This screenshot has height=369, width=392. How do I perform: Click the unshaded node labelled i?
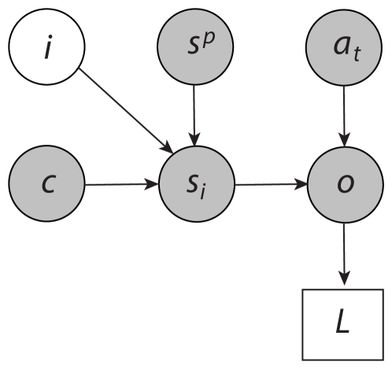(x=46, y=49)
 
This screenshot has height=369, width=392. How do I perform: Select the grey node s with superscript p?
(x=194, y=48)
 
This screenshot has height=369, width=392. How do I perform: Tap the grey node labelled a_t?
(x=344, y=48)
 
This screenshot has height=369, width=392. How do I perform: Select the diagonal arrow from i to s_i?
(x=126, y=110)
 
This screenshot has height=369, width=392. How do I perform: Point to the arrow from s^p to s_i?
(x=194, y=114)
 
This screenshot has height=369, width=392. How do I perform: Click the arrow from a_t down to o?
(x=344, y=114)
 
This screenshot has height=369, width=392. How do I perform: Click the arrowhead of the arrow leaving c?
(x=151, y=185)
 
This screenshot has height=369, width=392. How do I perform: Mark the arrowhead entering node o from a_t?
(x=344, y=140)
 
